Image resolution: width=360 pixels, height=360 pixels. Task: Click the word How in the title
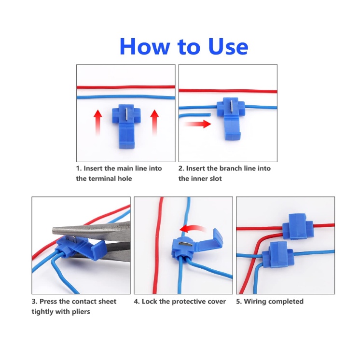coord(145,46)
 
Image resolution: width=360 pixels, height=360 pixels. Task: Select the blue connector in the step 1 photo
coord(126,126)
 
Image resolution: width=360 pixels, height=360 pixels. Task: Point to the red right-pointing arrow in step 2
coord(197,124)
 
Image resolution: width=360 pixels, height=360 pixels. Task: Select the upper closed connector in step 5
coord(298,226)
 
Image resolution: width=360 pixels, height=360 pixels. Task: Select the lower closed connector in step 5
coord(278,255)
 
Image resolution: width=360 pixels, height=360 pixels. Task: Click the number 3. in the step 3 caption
coord(35,301)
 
